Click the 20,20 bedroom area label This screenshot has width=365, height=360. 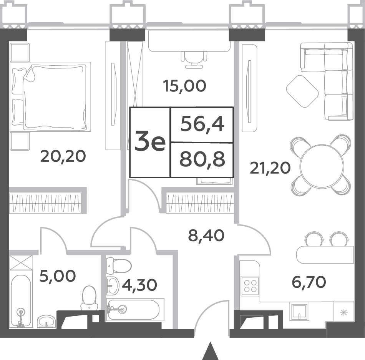click(63, 156)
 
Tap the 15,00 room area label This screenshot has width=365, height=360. click(184, 86)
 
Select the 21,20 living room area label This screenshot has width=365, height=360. click(270, 168)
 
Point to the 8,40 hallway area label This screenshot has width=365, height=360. click(206, 236)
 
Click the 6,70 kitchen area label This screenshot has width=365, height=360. click(309, 282)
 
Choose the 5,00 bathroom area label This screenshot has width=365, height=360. click(58, 276)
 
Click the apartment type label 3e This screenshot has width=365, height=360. click(150, 141)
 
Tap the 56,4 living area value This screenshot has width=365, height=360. click(202, 124)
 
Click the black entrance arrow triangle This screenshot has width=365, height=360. click(211, 351)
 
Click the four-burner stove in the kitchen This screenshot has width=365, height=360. click(250, 286)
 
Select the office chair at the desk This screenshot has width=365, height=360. click(194, 60)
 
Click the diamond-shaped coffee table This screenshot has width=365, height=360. click(302, 91)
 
